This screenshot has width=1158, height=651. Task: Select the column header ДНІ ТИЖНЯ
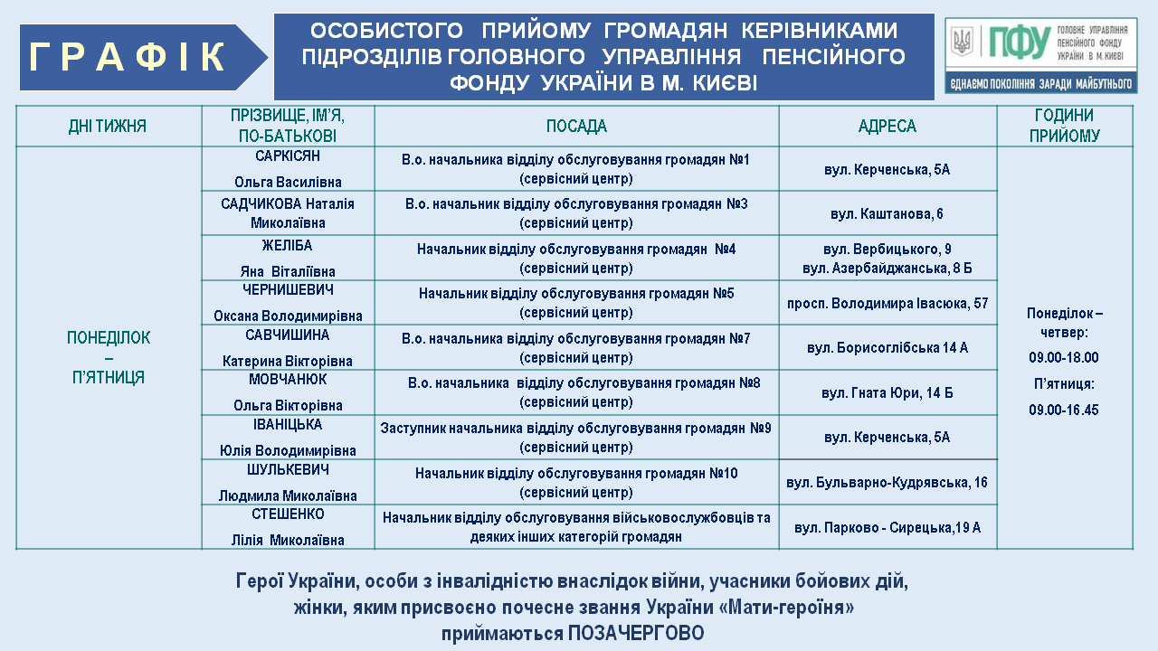point(108,127)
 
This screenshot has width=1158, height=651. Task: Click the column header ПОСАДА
point(576,127)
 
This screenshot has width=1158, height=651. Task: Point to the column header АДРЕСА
point(887,127)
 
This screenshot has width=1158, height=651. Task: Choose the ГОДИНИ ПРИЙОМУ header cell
point(1064,126)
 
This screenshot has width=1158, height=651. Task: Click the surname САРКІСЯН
point(288,156)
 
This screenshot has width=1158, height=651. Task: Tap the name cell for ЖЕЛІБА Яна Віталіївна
point(288,258)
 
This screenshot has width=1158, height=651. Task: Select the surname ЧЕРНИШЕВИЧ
point(288,290)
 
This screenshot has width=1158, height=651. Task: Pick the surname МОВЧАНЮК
point(288,380)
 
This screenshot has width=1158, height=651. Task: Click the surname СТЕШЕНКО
point(288,514)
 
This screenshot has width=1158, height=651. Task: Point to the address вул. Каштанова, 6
point(887,214)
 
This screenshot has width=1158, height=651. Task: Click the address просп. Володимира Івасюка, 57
point(887,303)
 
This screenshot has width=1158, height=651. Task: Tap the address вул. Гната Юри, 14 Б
point(887,393)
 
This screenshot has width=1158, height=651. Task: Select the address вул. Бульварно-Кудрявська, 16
point(887,483)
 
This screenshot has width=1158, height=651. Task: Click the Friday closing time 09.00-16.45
point(1064,410)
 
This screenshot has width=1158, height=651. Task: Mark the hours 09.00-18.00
point(1064,357)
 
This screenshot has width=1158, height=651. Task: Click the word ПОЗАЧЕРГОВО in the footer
point(635,634)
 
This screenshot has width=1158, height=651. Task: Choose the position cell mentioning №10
point(576,483)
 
